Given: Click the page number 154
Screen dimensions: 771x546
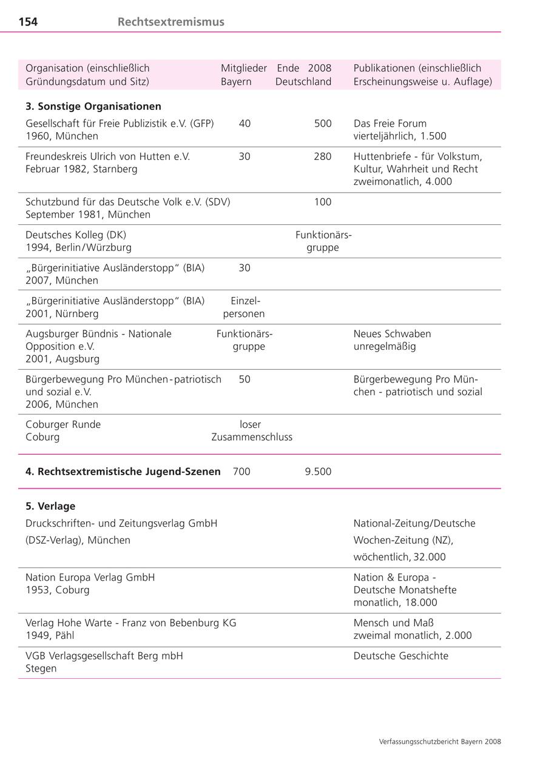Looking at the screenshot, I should (28, 22).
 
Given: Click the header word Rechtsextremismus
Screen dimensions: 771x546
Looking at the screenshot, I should (170, 22).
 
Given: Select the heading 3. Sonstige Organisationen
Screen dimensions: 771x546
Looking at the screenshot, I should (93, 106).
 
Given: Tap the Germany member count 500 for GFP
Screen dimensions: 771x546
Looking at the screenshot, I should (323, 124).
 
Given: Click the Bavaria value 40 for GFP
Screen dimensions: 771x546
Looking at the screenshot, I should (244, 124).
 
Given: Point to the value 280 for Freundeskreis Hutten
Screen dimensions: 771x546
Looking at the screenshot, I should (323, 156).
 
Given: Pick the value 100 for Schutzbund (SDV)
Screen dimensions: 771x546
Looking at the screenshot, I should (323, 202).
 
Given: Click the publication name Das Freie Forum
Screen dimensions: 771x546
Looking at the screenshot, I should (390, 124).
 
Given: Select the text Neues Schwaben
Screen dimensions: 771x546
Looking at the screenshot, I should (393, 333).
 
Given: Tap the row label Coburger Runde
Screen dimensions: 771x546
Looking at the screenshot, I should (63, 424).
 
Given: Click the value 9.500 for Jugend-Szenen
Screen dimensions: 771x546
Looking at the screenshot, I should (318, 472).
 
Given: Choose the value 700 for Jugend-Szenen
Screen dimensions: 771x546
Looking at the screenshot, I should (241, 472).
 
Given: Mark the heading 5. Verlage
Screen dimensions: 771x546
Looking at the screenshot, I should (50, 506).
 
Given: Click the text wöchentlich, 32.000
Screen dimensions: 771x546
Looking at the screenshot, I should (399, 557).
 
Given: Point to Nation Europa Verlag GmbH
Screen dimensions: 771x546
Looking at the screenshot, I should (90, 578).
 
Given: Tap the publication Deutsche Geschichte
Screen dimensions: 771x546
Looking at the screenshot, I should (401, 656).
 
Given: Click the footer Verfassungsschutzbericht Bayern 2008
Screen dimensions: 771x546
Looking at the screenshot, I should (440, 741).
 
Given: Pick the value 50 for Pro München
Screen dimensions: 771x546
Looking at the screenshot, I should (244, 379).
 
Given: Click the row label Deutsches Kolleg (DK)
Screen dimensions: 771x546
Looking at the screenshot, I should (76, 235).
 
